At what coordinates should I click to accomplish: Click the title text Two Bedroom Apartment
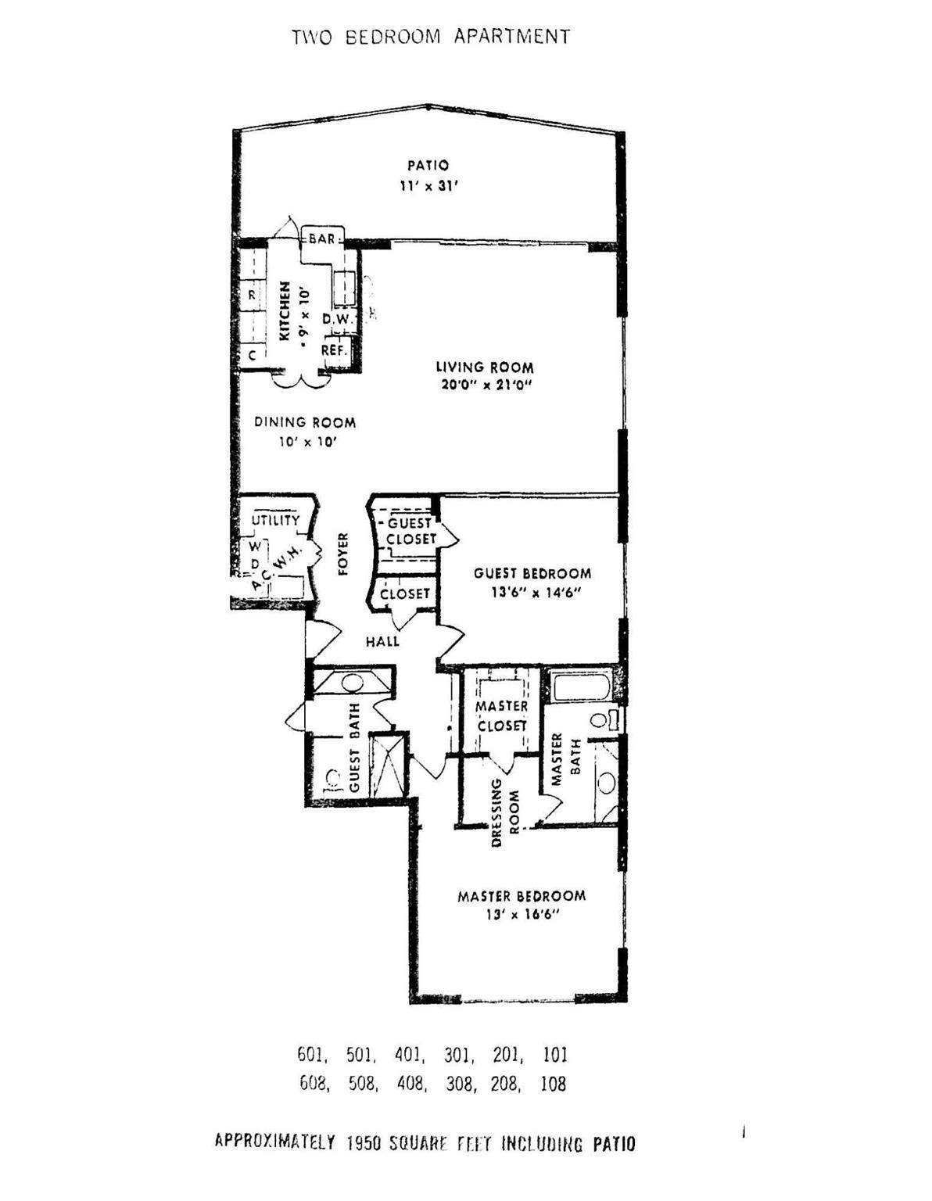coord(431,37)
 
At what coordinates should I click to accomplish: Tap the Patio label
coord(428,165)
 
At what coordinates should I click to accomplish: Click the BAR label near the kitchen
coord(321,238)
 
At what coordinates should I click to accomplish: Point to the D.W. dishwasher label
coord(339,319)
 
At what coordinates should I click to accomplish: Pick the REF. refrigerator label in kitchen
coord(334,351)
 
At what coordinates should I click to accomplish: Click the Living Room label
coord(484,367)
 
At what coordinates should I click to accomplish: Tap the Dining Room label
coord(305,422)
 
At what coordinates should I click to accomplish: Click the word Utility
coord(275,520)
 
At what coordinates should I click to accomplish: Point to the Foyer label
coord(342,554)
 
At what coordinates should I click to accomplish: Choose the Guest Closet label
coord(411,531)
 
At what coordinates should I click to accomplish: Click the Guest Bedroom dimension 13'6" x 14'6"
coord(532,592)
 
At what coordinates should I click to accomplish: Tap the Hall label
coord(382,641)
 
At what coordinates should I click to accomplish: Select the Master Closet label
coord(501,715)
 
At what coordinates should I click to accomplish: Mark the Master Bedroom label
coord(521,896)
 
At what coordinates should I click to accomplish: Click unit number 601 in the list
coord(311,1055)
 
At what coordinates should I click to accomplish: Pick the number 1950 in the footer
coord(363,1143)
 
